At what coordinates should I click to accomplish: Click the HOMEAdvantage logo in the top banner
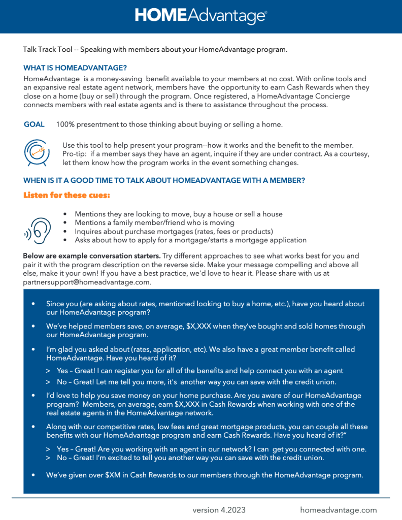point(200,16)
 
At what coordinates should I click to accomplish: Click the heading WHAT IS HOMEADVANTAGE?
point(75,68)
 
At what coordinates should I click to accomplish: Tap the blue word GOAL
point(34,124)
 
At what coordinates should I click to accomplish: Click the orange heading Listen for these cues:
point(66,196)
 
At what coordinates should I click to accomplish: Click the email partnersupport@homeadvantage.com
point(87,282)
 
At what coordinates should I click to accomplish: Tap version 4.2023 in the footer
point(219,510)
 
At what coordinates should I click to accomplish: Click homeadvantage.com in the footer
point(339,510)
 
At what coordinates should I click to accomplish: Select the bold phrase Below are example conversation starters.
point(92,255)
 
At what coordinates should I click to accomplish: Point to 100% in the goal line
point(65,124)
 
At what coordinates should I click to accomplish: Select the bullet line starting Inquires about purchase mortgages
point(174,231)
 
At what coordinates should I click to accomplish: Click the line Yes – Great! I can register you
point(200,371)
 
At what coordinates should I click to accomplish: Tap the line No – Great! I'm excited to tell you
point(190,458)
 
